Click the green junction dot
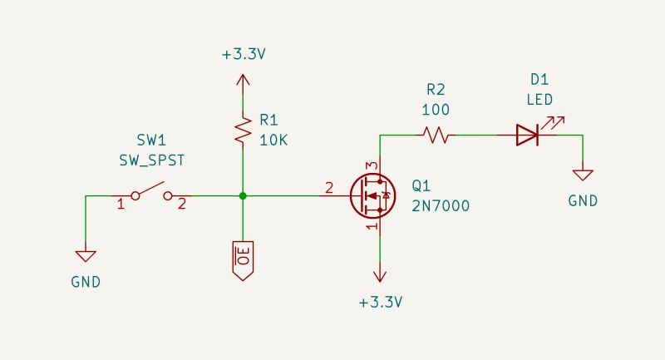coord(242,196)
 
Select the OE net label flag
coord(242,260)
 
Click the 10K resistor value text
coord(273,140)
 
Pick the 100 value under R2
coord(436,110)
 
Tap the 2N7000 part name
coord(441,207)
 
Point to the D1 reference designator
coord(539,81)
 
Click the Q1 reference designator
coord(422,186)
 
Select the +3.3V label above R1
coord(243,55)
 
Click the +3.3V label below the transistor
coord(381,302)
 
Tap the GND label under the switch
coord(86,281)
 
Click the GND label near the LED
coord(583,200)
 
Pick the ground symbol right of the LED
coord(583,175)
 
